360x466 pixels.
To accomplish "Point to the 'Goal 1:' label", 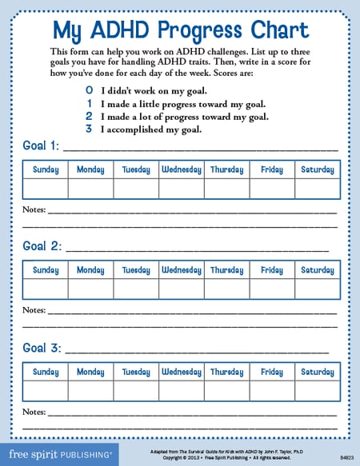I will click(x=40, y=147).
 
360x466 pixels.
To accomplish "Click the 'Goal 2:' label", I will click(x=41, y=246).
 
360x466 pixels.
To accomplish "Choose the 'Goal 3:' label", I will click(x=41, y=348).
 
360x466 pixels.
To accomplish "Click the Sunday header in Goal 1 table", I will click(x=46, y=169).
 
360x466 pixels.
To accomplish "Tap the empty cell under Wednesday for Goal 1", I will click(x=182, y=188).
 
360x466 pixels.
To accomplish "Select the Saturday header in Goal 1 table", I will click(x=317, y=169).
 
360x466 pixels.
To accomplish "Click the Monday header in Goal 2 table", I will click(x=90, y=270).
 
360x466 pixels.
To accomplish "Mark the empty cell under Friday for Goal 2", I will click(x=272, y=289).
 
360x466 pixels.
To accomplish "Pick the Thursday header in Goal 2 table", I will click(x=226, y=270).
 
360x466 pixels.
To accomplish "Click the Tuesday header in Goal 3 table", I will click(x=136, y=372).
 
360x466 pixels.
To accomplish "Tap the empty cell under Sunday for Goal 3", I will click(x=46, y=390).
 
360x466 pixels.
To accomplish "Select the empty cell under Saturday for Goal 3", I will click(x=317, y=390).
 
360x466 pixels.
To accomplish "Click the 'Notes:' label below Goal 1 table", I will click(x=34, y=209).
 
